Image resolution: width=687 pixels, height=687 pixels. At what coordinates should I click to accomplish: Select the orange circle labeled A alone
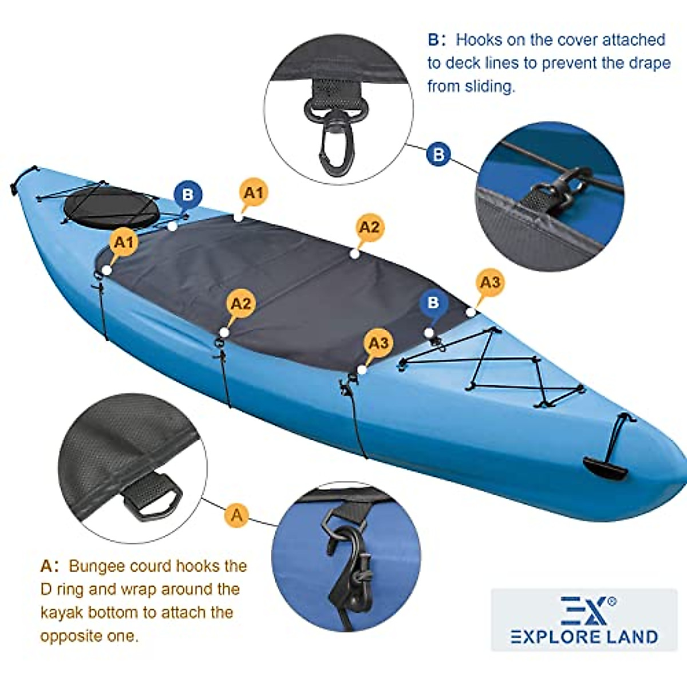tap(236, 515)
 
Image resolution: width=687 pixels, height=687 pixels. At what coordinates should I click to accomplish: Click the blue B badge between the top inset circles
tap(439, 155)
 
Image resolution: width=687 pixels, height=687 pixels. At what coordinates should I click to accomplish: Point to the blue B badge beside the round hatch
tap(188, 195)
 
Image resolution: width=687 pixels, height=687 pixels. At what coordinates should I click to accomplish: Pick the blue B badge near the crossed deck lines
tap(433, 302)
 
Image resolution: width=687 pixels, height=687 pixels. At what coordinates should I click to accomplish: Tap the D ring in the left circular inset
tap(153, 498)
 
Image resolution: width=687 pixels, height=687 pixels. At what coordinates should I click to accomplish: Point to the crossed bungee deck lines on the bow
tap(492, 366)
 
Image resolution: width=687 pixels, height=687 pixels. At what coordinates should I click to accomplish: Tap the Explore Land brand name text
tap(584, 637)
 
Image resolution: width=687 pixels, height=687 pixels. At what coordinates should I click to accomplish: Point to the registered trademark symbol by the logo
tap(612, 601)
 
